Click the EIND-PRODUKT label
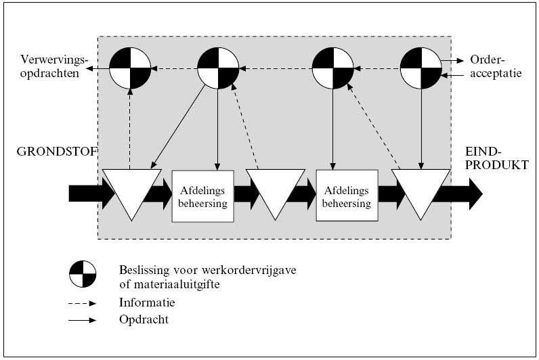pos(496,158)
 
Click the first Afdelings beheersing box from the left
pos(202,195)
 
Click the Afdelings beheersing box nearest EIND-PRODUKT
pos(347,195)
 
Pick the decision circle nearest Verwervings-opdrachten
pos(131,68)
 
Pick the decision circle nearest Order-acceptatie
pos(421,68)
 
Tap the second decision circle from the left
pos(217,68)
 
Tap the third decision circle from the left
pos(332,68)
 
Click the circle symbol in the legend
pos(83,274)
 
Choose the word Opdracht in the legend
pos(144,319)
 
